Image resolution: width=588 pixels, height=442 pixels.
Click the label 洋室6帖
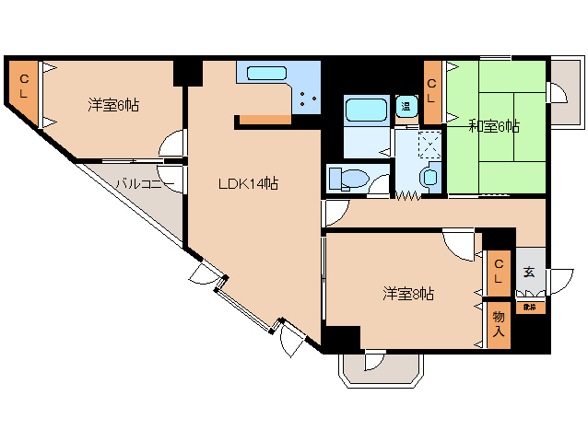point(113,105)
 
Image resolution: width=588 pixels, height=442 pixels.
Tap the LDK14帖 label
point(248,183)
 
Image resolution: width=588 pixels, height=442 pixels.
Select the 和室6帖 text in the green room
point(494,126)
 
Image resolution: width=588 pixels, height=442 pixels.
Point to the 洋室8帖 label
point(408,295)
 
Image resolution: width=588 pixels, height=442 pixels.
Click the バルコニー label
point(139,182)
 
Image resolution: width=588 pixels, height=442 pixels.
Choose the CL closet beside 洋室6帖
point(23,88)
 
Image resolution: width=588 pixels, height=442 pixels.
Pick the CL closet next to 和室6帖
point(432,91)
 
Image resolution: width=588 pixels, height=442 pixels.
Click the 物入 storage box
point(498,324)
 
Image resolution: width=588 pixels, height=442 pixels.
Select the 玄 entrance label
point(529,272)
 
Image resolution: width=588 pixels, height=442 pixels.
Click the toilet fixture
point(349,177)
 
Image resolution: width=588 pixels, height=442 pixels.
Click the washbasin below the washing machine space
point(429,177)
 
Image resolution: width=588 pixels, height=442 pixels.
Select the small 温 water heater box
point(405,106)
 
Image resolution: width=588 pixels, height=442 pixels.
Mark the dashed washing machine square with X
point(429,145)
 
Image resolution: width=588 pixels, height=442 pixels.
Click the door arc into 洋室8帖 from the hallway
point(456,243)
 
